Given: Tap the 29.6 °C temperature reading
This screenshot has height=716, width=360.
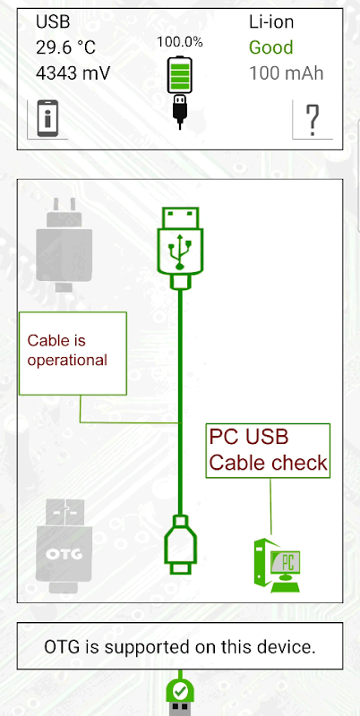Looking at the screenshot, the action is (x=65, y=47).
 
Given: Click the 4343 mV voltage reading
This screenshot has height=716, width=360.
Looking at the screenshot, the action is (x=73, y=73).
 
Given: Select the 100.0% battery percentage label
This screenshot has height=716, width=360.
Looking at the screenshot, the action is (x=179, y=42).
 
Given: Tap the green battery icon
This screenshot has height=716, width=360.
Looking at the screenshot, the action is (x=179, y=74).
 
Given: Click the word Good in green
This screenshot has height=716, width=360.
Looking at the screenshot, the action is (x=271, y=47).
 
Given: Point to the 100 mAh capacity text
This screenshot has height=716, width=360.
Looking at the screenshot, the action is (x=286, y=73).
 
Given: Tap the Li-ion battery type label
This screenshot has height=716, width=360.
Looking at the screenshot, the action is (x=271, y=21).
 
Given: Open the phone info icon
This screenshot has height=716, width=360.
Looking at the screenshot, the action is (x=47, y=118).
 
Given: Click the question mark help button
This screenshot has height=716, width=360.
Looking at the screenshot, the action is (x=313, y=120).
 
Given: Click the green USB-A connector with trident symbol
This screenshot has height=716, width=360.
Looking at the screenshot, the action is (x=180, y=248).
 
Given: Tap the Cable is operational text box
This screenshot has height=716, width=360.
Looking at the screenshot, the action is (x=73, y=354).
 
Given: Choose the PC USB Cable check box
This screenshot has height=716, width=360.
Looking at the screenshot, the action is (x=268, y=451).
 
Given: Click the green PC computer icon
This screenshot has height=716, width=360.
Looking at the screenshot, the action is (x=278, y=566).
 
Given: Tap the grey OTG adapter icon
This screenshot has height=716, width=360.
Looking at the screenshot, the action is (x=64, y=546).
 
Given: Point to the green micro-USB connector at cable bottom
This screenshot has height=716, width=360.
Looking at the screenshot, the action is (x=181, y=544).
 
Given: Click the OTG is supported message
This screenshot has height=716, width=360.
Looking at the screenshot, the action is (x=180, y=646).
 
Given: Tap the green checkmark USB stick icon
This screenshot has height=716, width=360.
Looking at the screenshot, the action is (x=181, y=695).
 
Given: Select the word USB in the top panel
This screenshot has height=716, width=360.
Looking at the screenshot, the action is (x=52, y=21).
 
